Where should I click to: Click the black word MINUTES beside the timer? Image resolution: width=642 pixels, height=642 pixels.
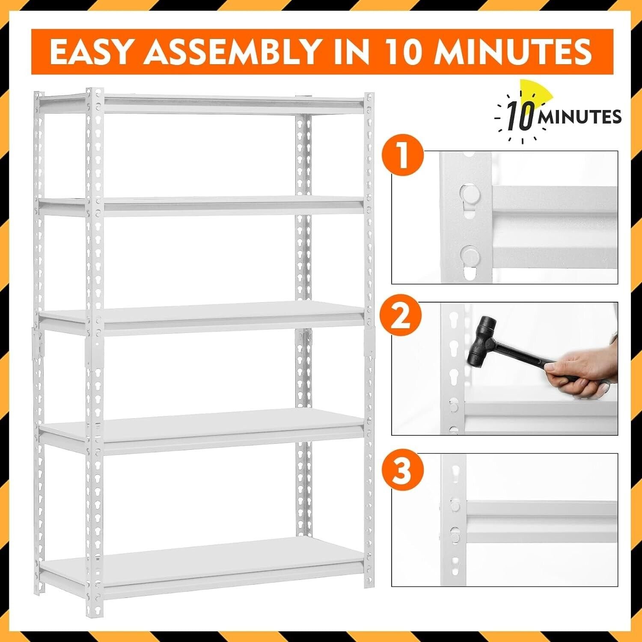tap(580, 117)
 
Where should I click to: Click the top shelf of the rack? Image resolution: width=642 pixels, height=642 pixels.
tap(201, 104)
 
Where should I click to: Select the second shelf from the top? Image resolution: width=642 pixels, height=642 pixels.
tap(201, 206)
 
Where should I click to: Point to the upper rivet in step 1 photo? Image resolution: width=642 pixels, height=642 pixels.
tap(470, 193)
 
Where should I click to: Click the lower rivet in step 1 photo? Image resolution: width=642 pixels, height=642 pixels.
tap(470, 256)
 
